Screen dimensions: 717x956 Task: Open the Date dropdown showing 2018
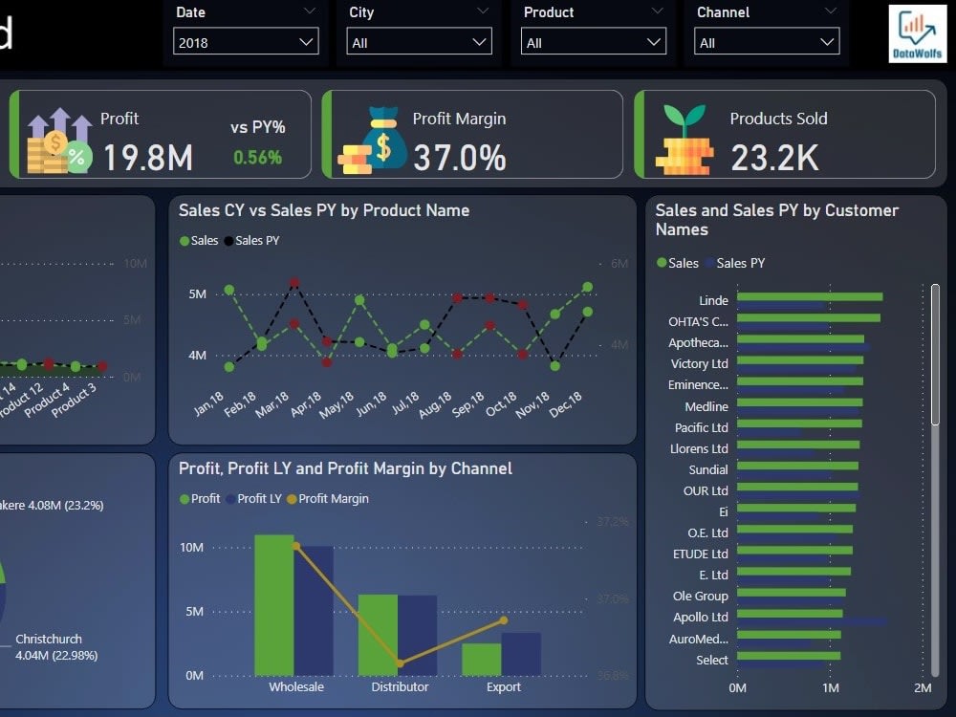[246, 42]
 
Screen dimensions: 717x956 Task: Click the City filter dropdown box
[420, 42]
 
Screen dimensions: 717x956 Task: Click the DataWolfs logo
[917, 34]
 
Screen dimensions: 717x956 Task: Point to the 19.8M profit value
[147, 158]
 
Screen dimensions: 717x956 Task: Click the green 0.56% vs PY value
[257, 158]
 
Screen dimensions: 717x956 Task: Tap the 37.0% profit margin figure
[459, 158]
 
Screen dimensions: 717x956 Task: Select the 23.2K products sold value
[774, 158]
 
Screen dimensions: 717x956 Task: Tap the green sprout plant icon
[684, 120]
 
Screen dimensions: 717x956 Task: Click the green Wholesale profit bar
[273, 604]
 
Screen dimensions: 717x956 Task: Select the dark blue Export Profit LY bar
[521, 653]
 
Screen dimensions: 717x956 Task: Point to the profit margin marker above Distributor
[400, 663]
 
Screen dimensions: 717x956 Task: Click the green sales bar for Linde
[809, 296]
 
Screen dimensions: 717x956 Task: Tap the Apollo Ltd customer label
[700, 618]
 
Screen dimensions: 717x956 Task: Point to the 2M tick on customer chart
[922, 687]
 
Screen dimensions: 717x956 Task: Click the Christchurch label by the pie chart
[49, 639]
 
